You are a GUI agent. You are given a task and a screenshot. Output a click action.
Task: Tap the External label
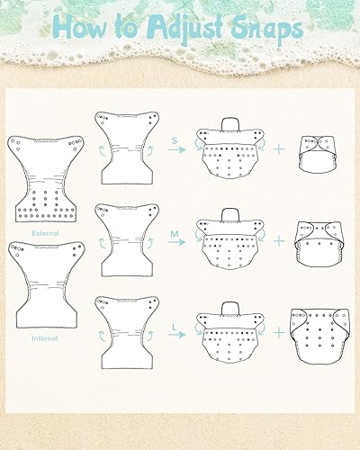pos(44,233)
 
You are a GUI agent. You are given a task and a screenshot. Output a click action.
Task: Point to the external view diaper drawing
pos(44,181)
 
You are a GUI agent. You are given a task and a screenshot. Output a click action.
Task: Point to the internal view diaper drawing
pos(44,287)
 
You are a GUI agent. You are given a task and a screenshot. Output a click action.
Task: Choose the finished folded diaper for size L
pos(317,338)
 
